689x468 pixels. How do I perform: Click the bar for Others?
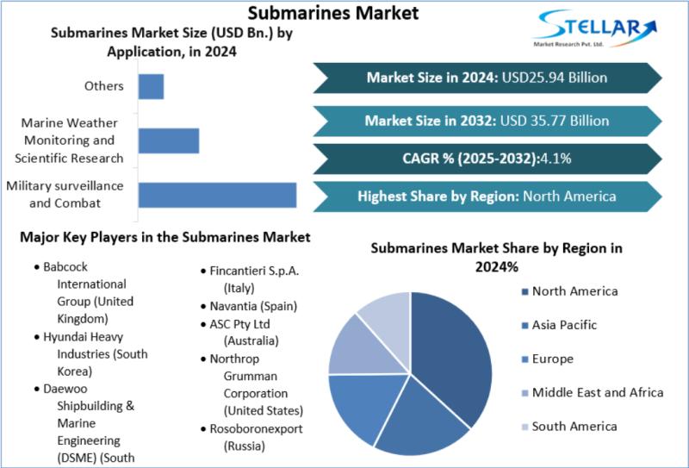coord(152,87)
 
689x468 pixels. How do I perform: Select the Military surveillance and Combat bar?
coord(218,195)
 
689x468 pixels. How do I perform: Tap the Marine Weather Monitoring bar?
coord(169,140)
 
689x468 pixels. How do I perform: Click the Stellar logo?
coord(595,28)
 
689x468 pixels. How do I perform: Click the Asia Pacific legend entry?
coord(559,325)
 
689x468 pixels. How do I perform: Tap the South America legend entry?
coord(569,427)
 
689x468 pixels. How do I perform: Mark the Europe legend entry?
coord(548,359)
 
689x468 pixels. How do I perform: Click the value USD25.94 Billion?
coord(555,78)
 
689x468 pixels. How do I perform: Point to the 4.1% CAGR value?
coord(556,159)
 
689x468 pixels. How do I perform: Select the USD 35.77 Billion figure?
coord(555,121)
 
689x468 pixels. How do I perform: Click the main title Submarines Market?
coord(333,12)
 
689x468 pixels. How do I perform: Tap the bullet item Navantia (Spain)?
coord(249,306)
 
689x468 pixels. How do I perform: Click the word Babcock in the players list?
coord(65,267)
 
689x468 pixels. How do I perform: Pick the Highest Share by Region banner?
coord(487,197)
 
